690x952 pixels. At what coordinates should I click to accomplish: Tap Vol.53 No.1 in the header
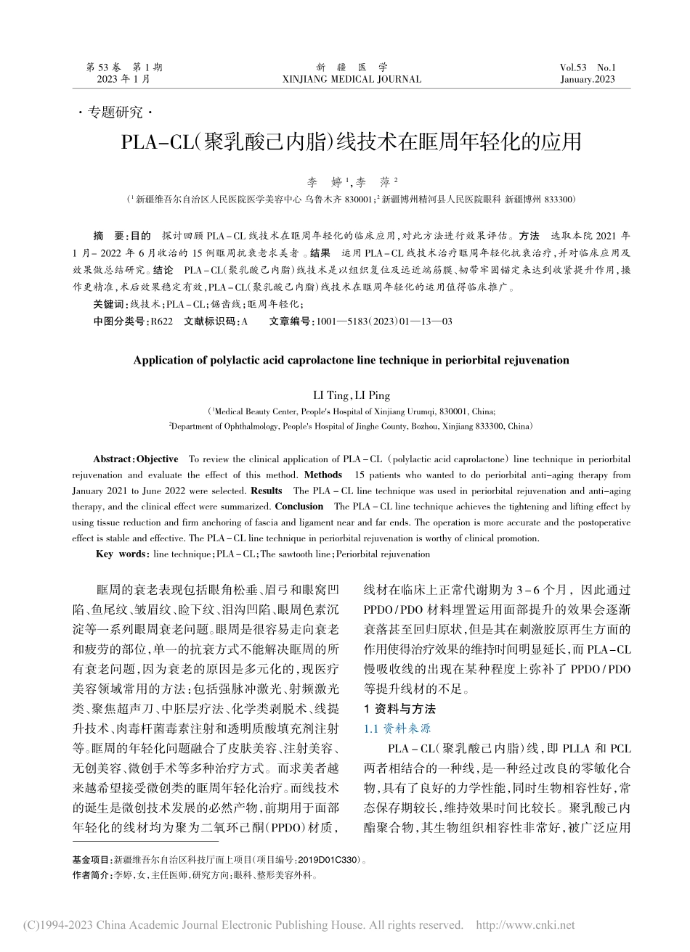tap(588, 67)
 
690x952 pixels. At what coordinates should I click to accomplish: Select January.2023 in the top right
tap(588, 79)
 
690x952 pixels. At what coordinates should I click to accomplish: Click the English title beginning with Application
tap(352, 360)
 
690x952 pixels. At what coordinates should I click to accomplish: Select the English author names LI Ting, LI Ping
tap(352, 395)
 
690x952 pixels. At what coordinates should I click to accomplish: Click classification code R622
tap(161, 321)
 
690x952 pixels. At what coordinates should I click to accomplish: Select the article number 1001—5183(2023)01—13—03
tap(381, 321)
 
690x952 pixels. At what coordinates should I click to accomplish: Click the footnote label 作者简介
tap(92, 875)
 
